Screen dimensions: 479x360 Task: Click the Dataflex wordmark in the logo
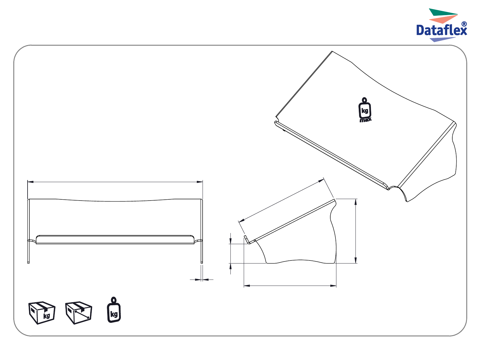coord(441,30)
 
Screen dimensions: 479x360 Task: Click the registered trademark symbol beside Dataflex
coord(464,24)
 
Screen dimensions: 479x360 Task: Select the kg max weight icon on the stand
coord(365,110)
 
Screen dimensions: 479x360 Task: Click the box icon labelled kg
coord(42,313)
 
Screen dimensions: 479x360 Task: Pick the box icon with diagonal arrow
coord(78,313)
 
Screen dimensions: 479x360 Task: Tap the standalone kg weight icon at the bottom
coord(114,309)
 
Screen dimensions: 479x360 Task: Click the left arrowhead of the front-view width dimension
coord(30,182)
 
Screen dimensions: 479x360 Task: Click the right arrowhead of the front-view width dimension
coord(200,182)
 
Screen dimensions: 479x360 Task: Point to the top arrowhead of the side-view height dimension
coord(355,202)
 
